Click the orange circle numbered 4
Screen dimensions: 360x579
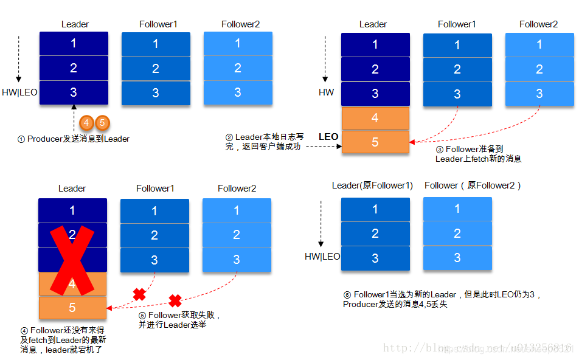(87, 123)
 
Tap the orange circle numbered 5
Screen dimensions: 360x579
(102, 123)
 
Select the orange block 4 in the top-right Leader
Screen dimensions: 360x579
(375, 118)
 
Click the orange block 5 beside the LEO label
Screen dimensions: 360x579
(375, 142)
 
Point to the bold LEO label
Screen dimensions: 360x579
(328, 137)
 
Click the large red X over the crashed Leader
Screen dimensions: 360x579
(72, 258)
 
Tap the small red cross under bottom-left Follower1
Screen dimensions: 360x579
(139, 295)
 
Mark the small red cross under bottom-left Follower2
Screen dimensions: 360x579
(175, 300)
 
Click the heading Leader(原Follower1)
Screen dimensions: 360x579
(372, 185)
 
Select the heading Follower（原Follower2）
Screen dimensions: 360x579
(473, 185)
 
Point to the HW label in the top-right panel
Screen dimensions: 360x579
(327, 93)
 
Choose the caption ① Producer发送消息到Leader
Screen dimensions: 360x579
(74, 139)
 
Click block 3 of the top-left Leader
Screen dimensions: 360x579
(74, 92)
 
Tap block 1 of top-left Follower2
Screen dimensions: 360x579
(238, 43)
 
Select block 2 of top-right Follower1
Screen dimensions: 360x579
(457, 69)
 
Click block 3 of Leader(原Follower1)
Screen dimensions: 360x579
(375, 258)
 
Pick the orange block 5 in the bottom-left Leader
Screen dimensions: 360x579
(72, 308)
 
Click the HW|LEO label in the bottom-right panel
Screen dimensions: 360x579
(322, 257)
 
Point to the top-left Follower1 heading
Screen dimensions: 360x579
(158, 24)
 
